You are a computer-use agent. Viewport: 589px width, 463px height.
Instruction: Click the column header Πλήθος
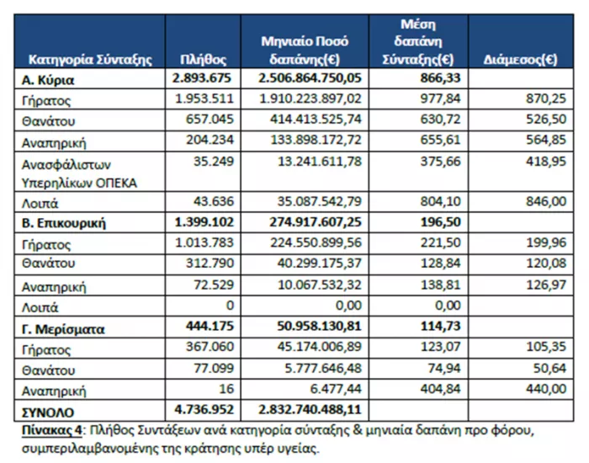pos(204,60)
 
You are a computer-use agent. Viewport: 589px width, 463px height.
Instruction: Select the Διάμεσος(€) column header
pos(523,60)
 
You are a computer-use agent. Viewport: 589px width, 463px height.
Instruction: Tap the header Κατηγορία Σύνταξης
pos(90,60)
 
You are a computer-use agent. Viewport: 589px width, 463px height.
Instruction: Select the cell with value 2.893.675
pos(202,79)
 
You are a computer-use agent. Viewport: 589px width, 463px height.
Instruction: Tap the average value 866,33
pos(439,79)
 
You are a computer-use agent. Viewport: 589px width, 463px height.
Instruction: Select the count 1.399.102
pos(202,222)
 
